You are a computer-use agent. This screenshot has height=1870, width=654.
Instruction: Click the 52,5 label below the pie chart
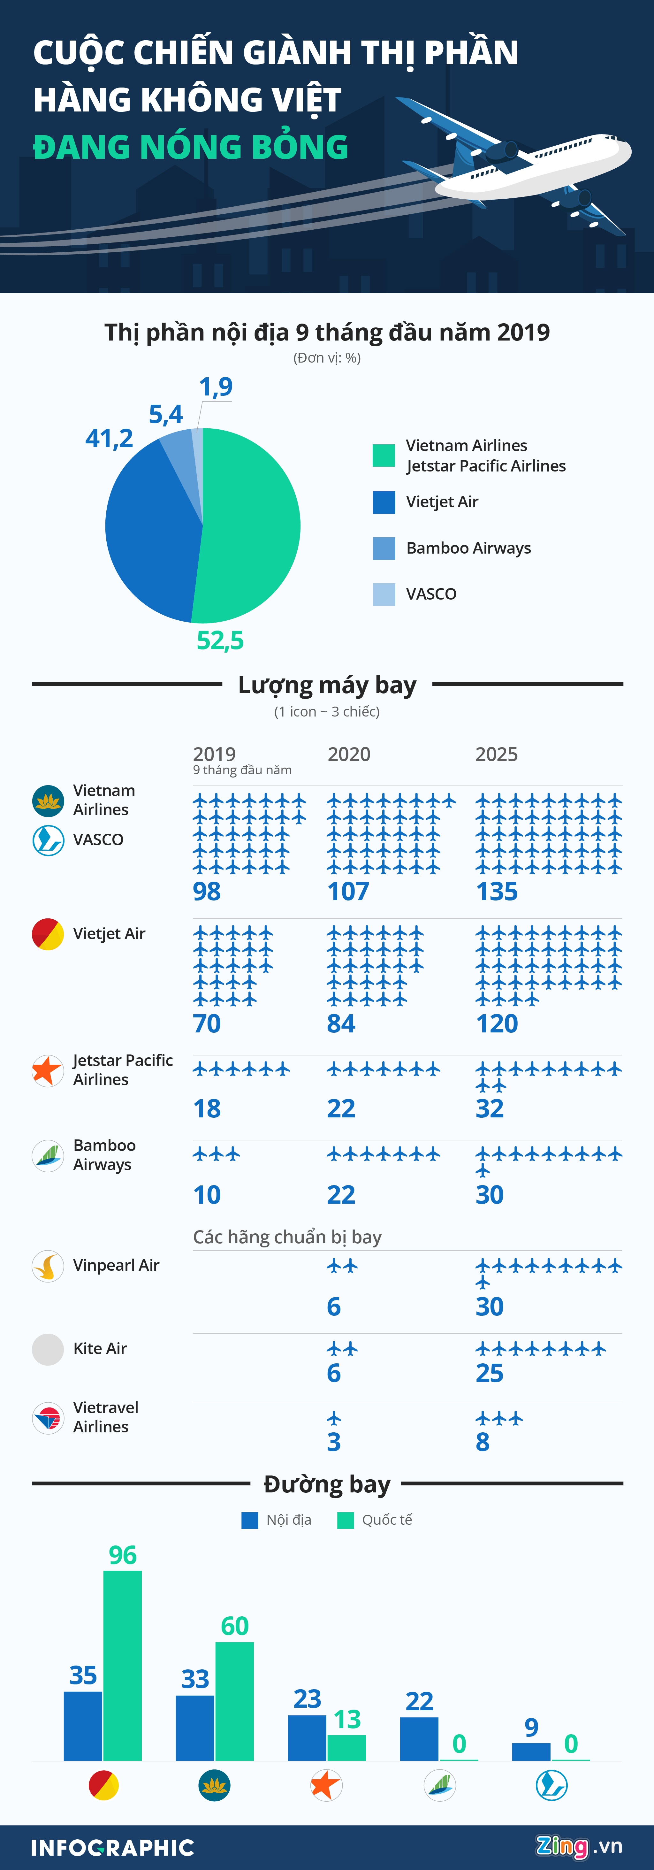(220, 640)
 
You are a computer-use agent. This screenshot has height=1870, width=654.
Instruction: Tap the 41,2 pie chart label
(109, 439)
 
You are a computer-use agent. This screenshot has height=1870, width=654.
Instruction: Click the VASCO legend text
(431, 594)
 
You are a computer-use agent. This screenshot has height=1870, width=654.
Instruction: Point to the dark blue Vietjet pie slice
(149, 530)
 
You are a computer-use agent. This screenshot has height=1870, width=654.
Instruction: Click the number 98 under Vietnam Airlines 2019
(207, 892)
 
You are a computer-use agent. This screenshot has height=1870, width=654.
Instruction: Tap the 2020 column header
(349, 754)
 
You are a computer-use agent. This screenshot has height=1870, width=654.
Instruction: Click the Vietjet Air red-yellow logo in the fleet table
(48, 934)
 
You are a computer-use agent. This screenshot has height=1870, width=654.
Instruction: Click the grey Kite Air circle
(48, 1350)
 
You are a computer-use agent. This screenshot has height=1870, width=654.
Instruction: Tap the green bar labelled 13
(347, 1748)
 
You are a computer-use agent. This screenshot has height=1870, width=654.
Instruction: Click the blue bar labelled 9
(531, 1752)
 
